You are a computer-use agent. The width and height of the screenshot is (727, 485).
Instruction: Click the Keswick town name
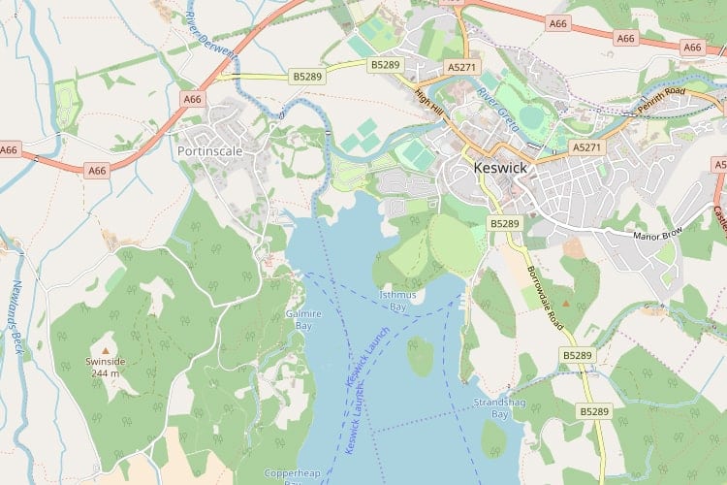point(500,168)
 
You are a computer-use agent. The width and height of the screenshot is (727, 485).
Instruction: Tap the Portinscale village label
point(209,151)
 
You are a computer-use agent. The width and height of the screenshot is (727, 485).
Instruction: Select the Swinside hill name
point(106,361)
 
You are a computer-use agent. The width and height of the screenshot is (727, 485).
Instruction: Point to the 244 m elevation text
point(106,373)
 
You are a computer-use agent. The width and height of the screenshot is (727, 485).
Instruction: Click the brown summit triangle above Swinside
point(106,348)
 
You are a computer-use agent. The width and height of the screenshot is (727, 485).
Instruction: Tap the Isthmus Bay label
point(396,300)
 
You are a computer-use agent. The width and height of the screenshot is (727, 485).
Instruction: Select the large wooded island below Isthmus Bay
point(420,356)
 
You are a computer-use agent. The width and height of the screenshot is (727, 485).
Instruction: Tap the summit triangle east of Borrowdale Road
point(567,305)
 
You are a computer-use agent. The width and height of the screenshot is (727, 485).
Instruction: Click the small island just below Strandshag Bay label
point(493,438)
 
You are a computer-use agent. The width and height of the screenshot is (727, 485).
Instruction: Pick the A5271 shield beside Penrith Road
point(585,147)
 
